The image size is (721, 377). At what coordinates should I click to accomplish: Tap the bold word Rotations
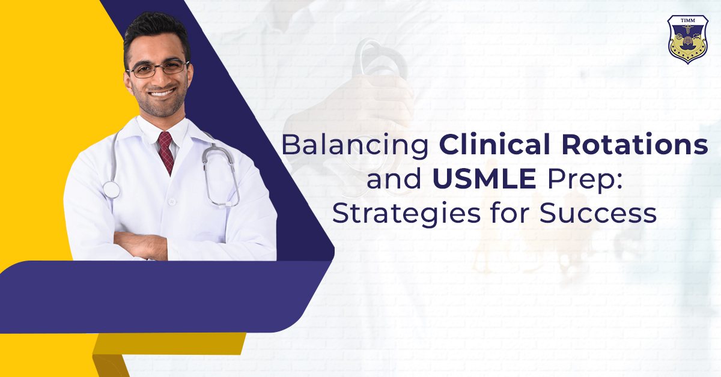tap(634, 144)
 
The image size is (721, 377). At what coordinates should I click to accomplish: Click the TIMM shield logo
tap(688, 39)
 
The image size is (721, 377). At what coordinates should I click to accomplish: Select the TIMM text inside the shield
tap(688, 20)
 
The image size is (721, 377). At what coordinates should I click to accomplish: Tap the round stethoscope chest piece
tap(111, 190)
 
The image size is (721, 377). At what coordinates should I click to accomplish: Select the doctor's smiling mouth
tap(162, 93)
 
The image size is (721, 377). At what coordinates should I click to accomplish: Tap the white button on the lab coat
tap(172, 202)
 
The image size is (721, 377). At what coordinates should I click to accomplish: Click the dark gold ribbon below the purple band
tap(169, 344)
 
